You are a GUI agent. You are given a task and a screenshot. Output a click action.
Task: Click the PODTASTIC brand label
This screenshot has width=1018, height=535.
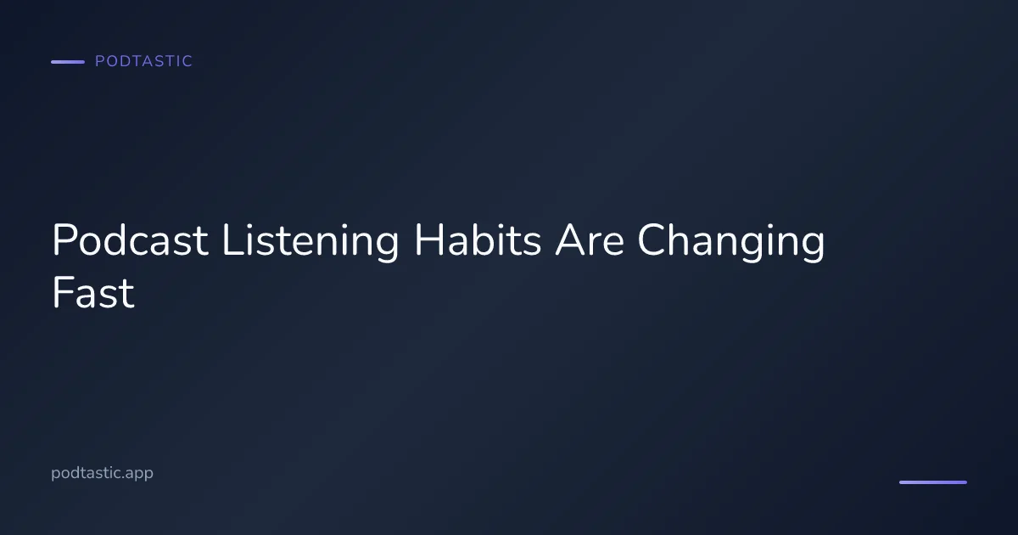tap(143, 61)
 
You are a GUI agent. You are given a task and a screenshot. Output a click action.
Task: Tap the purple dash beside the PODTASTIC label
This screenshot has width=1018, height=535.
tap(68, 62)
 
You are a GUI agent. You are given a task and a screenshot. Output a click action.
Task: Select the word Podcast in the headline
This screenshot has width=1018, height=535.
tap(130, 241)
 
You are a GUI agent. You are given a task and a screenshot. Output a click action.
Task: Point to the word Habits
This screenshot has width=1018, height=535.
tap(477, 241)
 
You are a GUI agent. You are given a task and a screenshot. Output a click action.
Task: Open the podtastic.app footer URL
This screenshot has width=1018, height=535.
tap(102, 473)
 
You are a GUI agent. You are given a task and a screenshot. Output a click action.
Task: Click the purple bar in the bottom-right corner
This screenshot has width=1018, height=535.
tap(932, 482)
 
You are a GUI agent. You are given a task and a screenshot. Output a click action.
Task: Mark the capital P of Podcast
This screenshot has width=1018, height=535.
tap(64, 241)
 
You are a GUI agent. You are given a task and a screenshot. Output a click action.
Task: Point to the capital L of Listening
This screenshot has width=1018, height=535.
tap(230, 241)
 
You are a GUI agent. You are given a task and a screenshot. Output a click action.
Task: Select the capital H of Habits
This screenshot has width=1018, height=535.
tap(428, 241)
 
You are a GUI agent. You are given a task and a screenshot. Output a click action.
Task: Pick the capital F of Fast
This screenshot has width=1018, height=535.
tap(62, 293)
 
